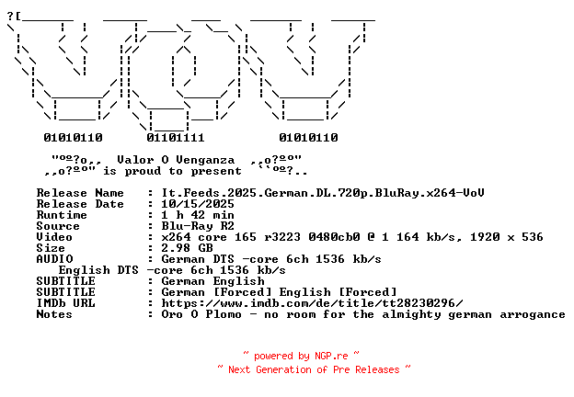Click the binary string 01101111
pyautogui.click(x=176, y=138)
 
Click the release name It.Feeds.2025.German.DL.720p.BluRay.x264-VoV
pyautogui.click(x=323, y=193)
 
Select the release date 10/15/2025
pyautogui.click(x=198, y=204)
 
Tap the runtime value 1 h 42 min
pyautogui.click(x=198, y=215)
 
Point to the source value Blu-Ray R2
pyautogui.click(x=198, y=226)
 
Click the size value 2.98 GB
pyautogui.click(x=187, y=248)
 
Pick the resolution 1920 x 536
pyautogui.click(x=507, y=237)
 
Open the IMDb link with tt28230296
pyautogui.click(x=312, y=303)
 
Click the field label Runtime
pyautogui.click(x=62, y=215)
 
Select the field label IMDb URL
pyautogui.click(x=65, y=303)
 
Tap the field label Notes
pyautogui.click(x=54, y=314)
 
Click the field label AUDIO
pyautogui.click(x=54, y=259)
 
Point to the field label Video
pyautogui.click(x=54, y=237)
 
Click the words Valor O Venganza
pyautogui.click(x=176, y=160)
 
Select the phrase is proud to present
pyautogui.click(x=172, y=171)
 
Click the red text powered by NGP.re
pyautogui.click(x=301, y=356)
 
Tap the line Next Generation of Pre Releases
pyautogui.click(x=314, y=369)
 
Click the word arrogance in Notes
pyautogui.click(x=533, y=314)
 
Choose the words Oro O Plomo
pyautogui.click(x=201, y=314)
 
